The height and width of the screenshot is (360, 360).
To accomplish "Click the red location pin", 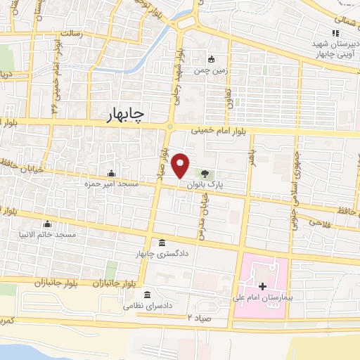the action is coord(181,165).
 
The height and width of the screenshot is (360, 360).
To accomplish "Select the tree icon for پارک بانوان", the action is coord(205,173).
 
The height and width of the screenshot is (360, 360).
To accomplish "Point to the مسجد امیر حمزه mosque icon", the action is coord(110,174).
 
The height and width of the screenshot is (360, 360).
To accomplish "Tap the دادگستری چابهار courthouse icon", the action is coord(162,242).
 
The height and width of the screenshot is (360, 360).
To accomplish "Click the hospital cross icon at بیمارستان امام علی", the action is coord(262,286).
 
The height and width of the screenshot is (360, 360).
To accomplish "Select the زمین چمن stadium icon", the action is coord(212,60).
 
